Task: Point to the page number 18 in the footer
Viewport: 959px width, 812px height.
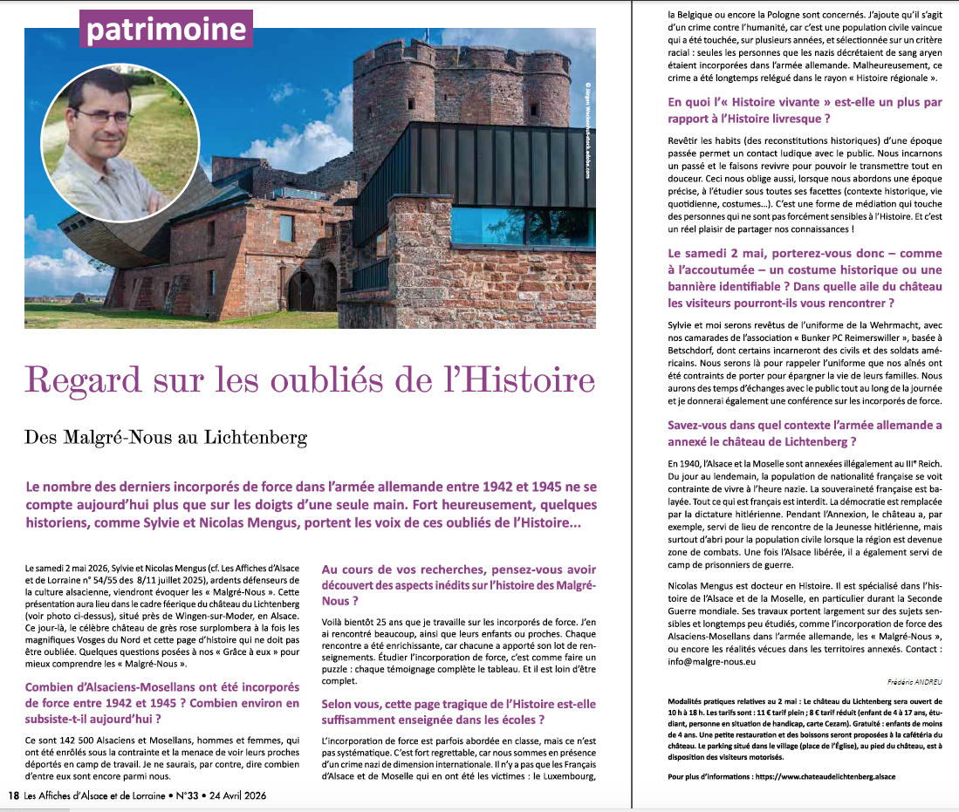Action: pyautogui.click(x=13, y=796)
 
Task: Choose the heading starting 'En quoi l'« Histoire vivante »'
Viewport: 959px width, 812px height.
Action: pyautogui.click(x=804, y=110)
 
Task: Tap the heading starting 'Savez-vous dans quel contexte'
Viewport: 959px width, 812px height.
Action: pyautogui.click(x=804, y=433)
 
